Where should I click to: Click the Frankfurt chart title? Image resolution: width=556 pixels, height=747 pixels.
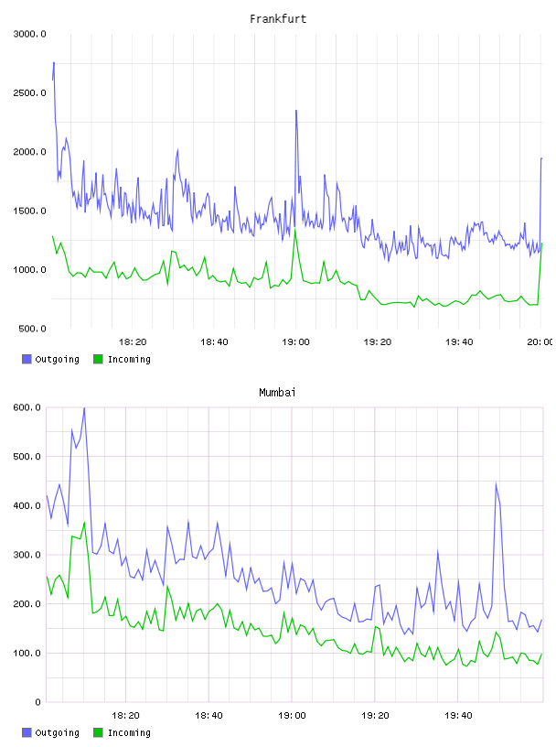pos(278,19)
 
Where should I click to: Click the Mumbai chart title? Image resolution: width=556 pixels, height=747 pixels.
pos(277,393)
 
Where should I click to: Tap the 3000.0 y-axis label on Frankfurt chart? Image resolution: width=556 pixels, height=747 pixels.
pos(29,34)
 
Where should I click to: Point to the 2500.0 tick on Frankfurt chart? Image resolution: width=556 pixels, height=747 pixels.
pos(29,92)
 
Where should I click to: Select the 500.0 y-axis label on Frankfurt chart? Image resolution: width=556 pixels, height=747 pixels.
pos(32,329)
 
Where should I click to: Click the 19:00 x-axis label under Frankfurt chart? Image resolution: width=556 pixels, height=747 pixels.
pos(295,342)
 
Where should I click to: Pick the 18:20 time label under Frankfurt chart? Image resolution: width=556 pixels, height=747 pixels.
pos(133,342)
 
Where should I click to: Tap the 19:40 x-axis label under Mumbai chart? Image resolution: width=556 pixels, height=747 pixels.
pos(458,716)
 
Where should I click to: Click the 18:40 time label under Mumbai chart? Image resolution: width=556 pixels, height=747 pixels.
pos(208,716)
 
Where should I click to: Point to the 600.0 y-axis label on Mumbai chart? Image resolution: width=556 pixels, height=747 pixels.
pos(27,407)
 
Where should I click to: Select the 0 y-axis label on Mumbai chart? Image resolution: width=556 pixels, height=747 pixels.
pos(37,702)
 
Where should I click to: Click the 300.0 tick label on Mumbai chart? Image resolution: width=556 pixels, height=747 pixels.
pos(27,555)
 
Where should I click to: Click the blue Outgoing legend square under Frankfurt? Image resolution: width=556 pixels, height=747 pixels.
pos(27,359)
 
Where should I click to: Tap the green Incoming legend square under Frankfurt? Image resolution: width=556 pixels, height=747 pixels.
pos(98,359)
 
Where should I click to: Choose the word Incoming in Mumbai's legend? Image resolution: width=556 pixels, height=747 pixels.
pos(129,732)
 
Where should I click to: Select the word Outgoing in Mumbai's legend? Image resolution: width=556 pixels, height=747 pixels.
pos(57,732)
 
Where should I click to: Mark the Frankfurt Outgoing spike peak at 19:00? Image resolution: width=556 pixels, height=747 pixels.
pos(296,111)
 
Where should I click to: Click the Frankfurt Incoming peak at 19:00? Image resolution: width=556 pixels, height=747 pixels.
pos(295,231)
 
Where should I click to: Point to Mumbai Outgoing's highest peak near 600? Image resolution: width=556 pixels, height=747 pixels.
pos(84,408)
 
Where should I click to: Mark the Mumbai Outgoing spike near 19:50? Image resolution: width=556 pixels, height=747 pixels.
pos(496,484)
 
